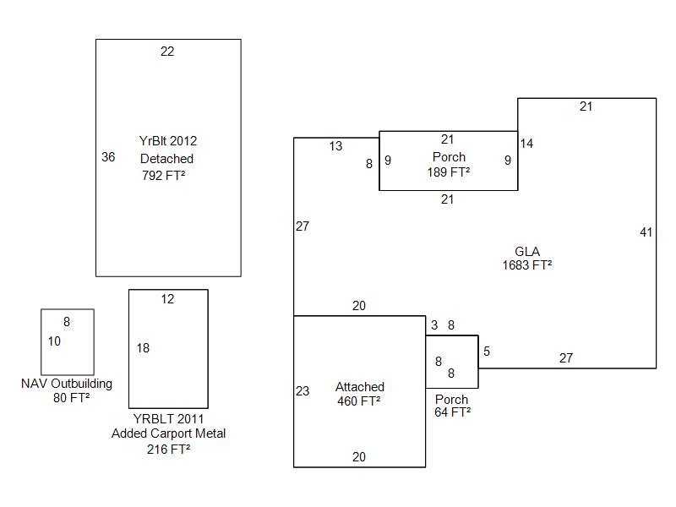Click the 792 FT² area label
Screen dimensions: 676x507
[x=164, y=176]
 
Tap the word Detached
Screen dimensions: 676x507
[x=166, y=159]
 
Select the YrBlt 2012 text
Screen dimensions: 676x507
[x=168, y=141]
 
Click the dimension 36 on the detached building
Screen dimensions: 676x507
[x=108, y=157]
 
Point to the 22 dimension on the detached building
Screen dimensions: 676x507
[x=167, y=52]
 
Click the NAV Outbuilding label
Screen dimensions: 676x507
[x=67, y=384]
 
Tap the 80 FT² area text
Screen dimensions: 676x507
[x=72, y=397]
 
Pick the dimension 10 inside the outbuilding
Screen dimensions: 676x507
[x=54, y=341]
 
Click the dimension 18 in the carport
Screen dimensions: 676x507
[x=143, y=348]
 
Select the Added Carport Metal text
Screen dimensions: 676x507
[x=168, y=433]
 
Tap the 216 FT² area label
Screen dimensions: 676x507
[x=168, y=450]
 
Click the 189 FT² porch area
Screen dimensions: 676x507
[x=449, y=172]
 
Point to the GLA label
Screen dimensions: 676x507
[x=527, y=251]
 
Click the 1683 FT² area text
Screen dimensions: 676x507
[x=527, y=264]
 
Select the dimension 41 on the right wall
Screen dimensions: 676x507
[x=646, y=232]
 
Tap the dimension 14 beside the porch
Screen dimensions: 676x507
[x=526, y=144]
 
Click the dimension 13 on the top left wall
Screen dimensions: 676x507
[x=335, y=146]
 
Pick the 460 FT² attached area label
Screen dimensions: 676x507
[x=359, y=401]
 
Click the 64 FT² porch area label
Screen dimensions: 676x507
[x=453, y=412]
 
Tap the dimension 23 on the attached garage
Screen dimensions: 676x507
[x=303, y=391]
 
